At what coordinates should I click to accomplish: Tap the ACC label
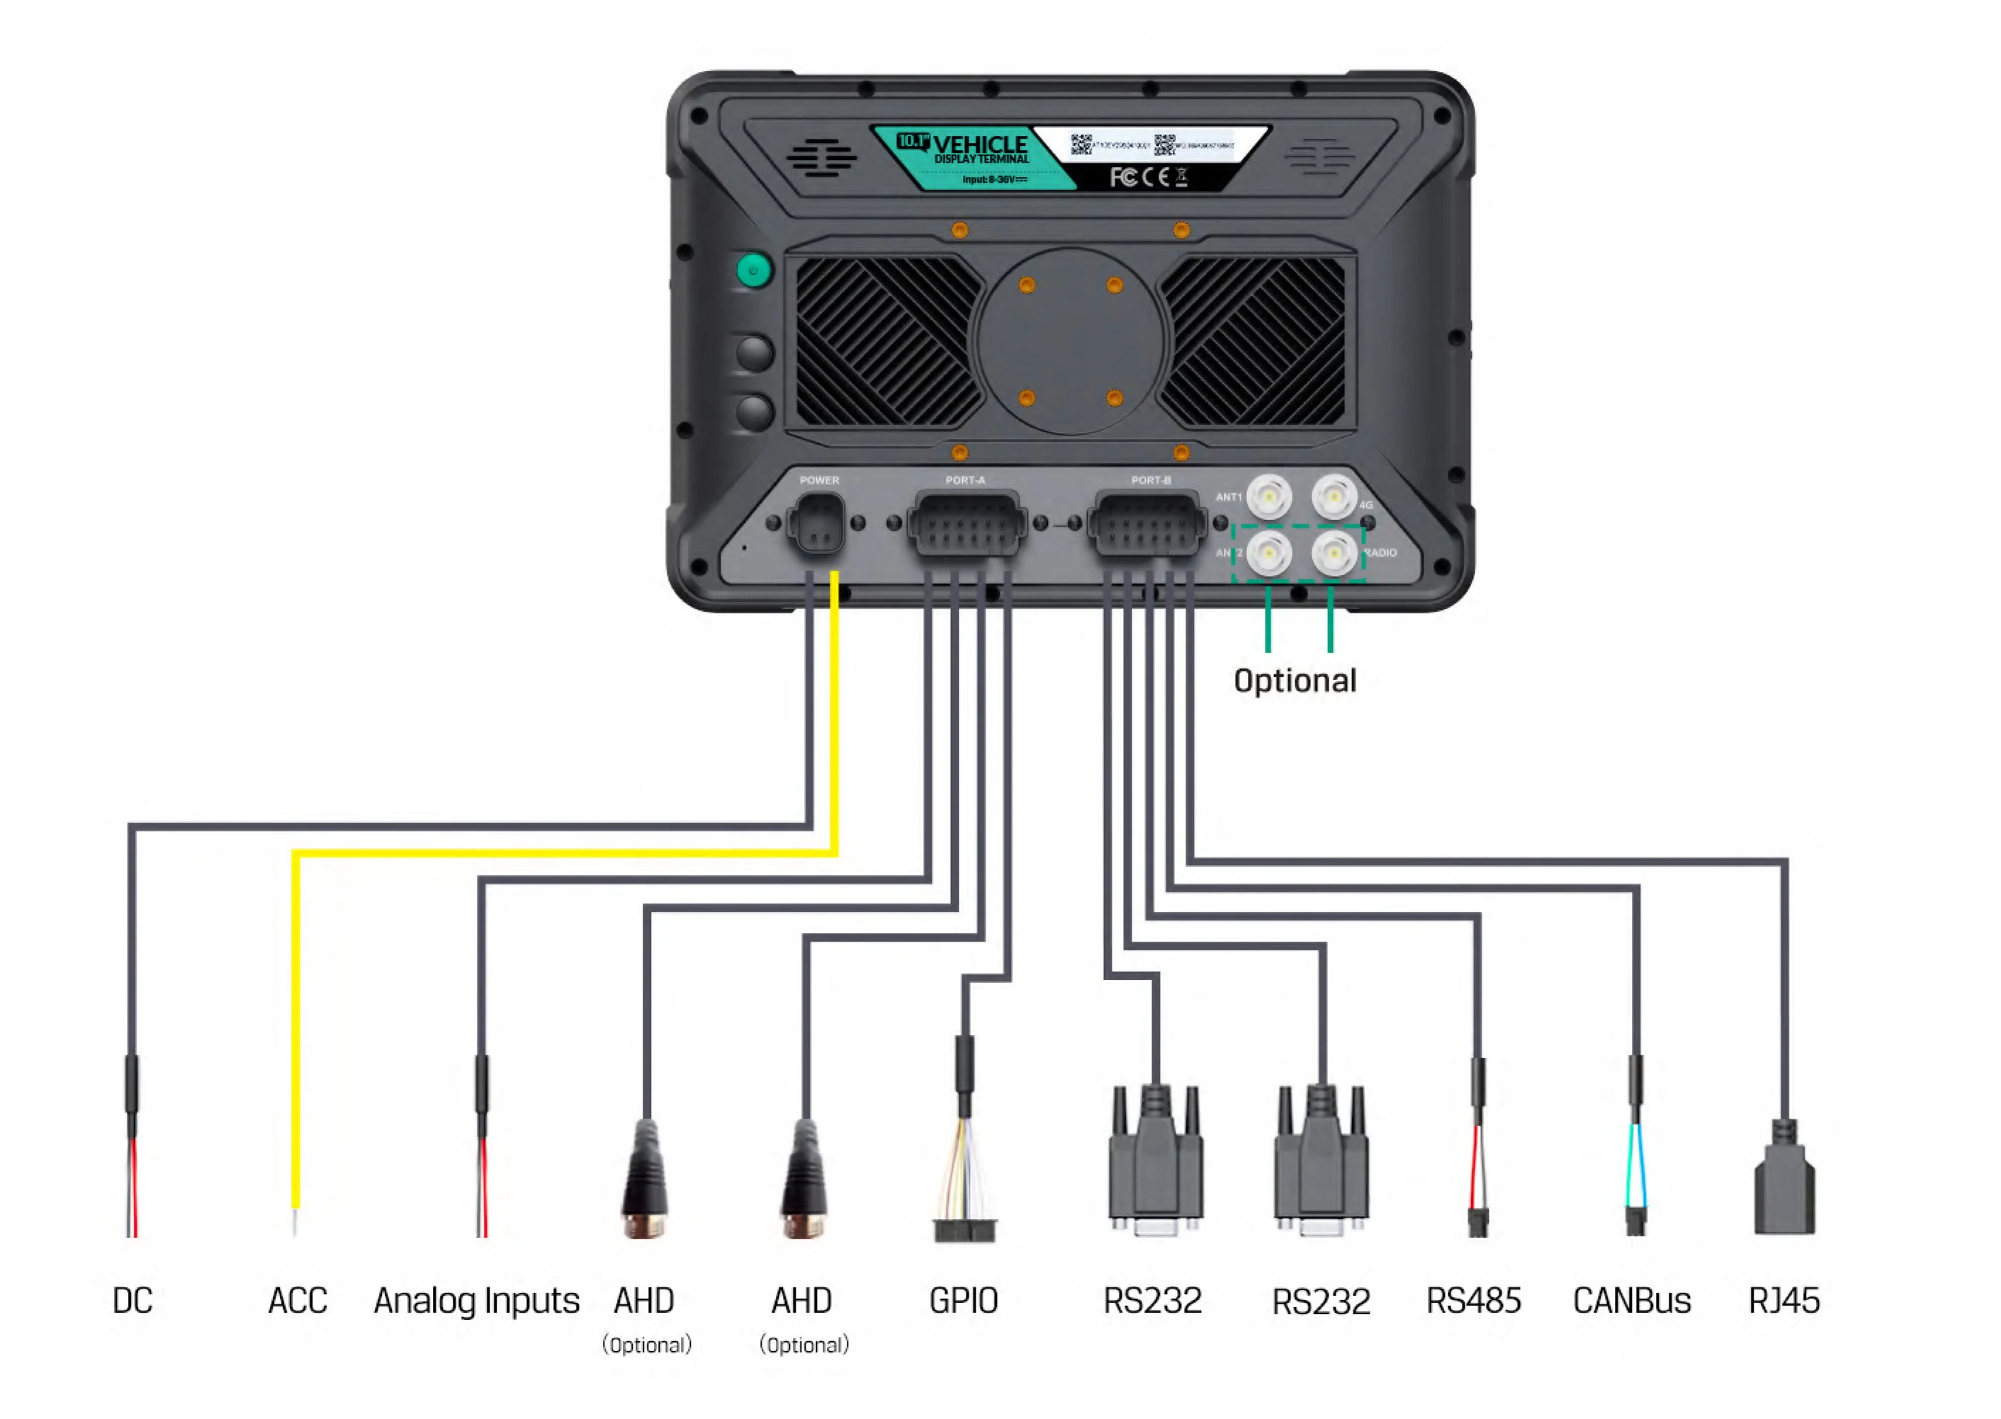coord(297,1300)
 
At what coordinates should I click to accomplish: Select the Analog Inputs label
coord(476,1300)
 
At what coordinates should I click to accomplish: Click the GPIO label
coord(964,1300)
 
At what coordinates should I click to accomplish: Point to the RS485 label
coord(1473,1300)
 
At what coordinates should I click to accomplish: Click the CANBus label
coord(1631,1300)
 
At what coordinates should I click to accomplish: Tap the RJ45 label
coord(1783,1300)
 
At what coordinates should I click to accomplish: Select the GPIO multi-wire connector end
coord(964,1228)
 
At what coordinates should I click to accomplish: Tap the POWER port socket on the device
coord(818,524)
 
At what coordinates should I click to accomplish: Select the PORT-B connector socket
coord(1146,524)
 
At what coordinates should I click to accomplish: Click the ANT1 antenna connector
coord(1268,496)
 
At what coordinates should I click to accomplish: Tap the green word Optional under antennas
coord(1295,680)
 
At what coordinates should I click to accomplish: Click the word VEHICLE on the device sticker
coord(980,144)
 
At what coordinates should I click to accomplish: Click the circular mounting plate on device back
coord(1070,341)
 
